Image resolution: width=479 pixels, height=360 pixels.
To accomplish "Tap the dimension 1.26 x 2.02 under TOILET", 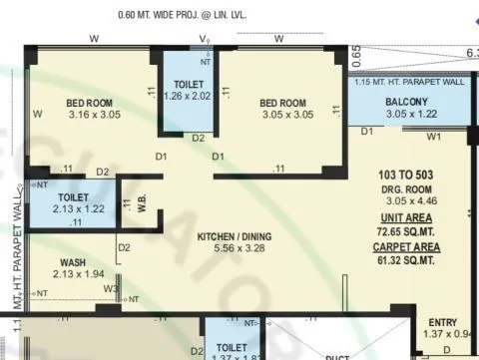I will tap(189, 97).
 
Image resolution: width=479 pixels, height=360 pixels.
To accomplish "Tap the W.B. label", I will tap(142, 202).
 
